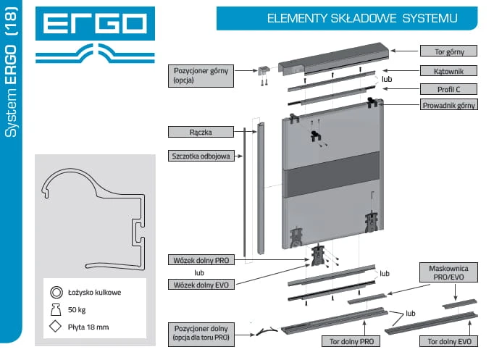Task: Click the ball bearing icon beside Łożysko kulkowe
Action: [x=55, y=293]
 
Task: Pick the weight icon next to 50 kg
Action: [x=55, y=310]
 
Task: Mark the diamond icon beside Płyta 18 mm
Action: [x=55, y=327]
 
